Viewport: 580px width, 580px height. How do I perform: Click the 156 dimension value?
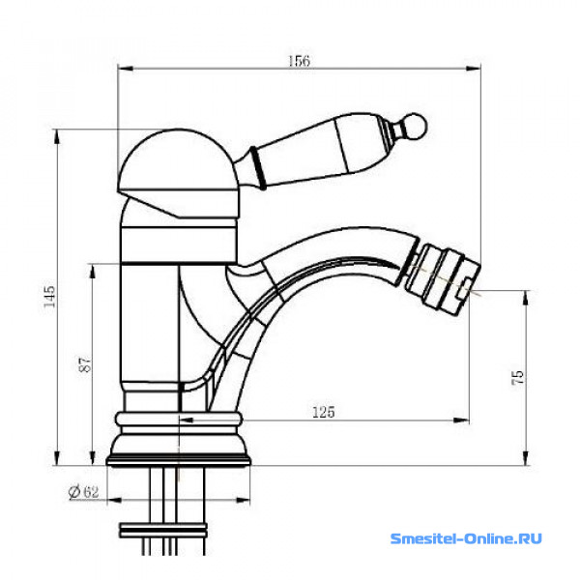[x=299, y=61]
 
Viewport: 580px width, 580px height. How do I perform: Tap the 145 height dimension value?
[x=49, y=296]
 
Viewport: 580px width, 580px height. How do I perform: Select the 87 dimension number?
[x=85, y=364]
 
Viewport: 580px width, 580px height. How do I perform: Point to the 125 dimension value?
[x=324, y=412]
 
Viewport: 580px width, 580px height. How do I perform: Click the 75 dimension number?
[x=518, y=377]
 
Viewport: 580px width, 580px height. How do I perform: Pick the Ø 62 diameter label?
[x=83, y=492]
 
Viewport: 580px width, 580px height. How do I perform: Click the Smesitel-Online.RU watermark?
[x=466, y=538]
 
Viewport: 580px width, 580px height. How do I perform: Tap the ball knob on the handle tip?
[x=416, y=126]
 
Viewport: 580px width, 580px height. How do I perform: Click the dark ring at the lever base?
[x=258, y=168]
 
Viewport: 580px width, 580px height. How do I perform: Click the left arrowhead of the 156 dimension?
[x=125, y=69]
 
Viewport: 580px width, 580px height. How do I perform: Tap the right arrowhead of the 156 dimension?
[x=473, y=69]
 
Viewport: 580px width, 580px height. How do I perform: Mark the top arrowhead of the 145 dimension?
[x=57, y=136]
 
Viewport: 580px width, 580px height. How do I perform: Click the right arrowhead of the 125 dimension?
[x=462, y=420]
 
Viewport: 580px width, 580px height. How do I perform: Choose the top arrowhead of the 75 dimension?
[x=526, y=298]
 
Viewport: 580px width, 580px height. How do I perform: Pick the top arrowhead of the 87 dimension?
[x=93, y=271]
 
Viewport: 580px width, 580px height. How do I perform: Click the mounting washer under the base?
[x=163, y=530]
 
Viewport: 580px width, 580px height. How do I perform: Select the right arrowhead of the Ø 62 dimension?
[x=243, y=501]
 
